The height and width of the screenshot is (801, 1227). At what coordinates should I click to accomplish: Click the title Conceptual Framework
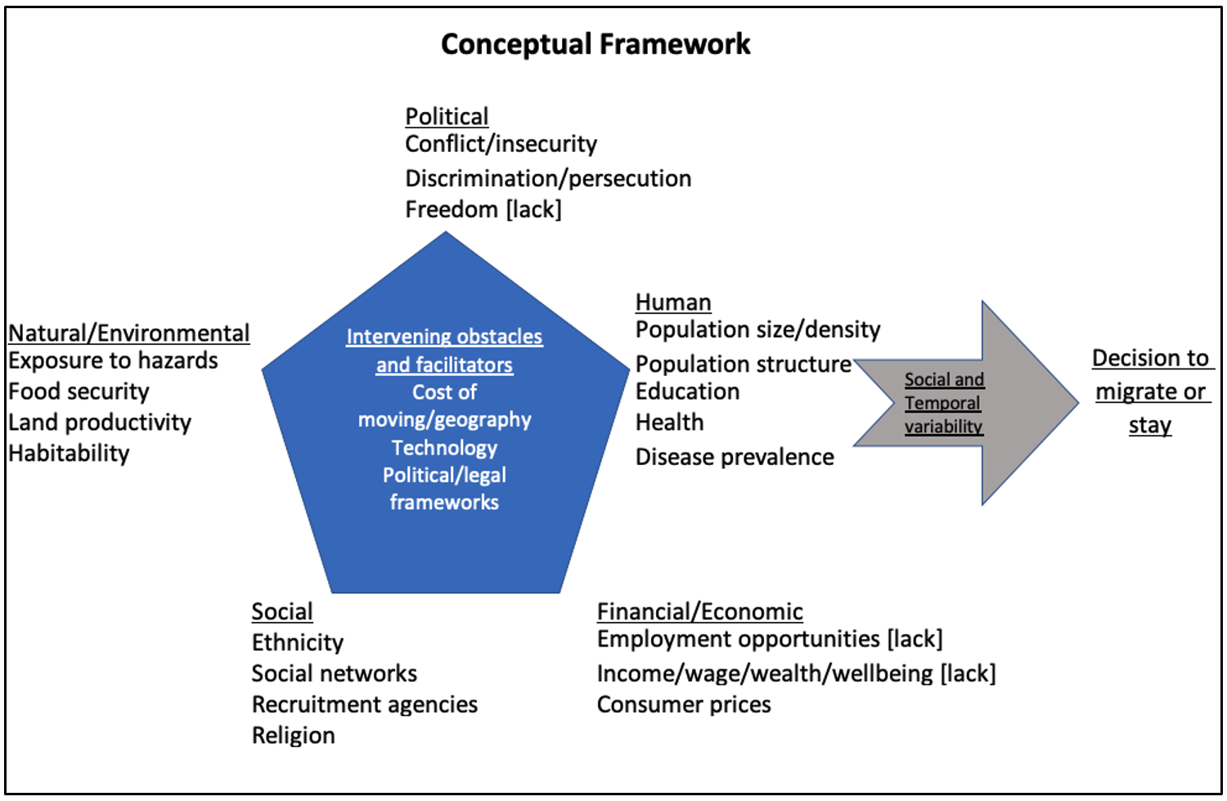[x=595, y=44]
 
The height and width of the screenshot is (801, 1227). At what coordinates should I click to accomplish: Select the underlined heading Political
[x=447, y=116]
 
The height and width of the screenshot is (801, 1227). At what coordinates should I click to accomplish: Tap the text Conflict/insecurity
[x=501, y=144]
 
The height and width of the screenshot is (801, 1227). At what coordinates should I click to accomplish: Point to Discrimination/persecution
[x=548, y=178]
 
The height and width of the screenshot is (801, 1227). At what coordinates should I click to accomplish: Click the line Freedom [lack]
[x=483, y=209]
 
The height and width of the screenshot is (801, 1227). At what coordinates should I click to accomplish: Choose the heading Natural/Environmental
[x=128, y=333]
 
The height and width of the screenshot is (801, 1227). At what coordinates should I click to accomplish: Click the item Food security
[x=79, y=392]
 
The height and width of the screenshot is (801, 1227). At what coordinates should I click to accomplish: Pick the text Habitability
[x=69, y=453]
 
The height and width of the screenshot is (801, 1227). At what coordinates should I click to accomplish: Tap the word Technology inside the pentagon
[x=444, y=448]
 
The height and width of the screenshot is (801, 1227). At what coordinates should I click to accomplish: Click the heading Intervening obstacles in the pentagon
[x=444, y=337]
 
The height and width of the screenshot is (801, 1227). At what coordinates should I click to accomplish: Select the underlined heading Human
[x=673, y=302]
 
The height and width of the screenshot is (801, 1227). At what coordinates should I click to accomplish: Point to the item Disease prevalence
[x=735, y=457]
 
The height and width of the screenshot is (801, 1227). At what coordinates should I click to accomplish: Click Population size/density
[x=757, y=329]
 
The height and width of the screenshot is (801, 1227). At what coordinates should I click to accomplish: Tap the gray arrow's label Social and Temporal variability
[x=944, y=403]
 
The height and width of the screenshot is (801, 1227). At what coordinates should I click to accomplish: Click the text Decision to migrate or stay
[x=1150, y=392]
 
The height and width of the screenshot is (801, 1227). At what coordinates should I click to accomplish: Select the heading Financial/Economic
[x=699, y=611]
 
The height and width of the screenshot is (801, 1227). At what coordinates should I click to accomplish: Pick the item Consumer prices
[x=684, y=705]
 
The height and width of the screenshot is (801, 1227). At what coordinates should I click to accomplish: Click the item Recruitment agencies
[x=364, y=705]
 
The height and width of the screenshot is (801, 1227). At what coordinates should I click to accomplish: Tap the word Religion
[x=293, y=736]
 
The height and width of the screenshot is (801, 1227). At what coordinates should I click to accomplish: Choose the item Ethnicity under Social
[x=297, y=642]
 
